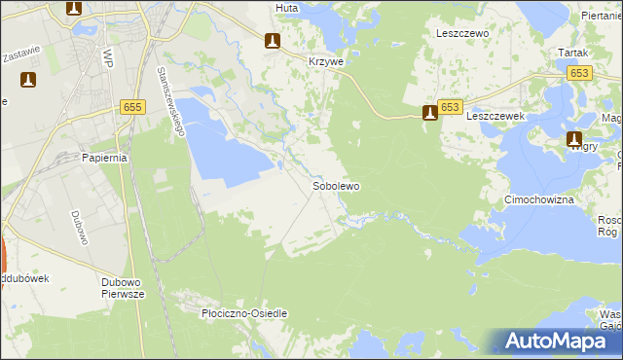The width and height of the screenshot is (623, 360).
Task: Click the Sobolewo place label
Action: (x=336, y=185)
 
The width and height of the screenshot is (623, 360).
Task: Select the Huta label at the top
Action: (x=286, y=7)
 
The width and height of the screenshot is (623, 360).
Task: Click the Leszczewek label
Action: (x=495, y=115)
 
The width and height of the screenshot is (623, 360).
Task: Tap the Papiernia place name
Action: (x=106, y=158)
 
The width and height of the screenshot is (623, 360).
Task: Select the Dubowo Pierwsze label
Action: (x=123, y=288)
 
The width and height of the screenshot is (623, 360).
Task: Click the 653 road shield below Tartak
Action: (x=581, y=73)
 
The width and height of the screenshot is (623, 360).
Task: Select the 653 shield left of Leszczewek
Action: (x=450, y=107)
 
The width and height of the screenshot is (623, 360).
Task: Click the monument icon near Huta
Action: (x=274, y=40)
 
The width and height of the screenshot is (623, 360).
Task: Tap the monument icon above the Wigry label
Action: (x=574, y=140)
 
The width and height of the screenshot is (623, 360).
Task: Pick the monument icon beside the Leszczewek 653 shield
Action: (x=429, y=114)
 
